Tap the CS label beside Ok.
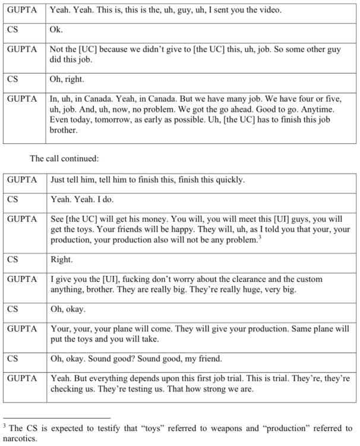tap(12, 29)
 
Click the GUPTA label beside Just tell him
tap(22, 180)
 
